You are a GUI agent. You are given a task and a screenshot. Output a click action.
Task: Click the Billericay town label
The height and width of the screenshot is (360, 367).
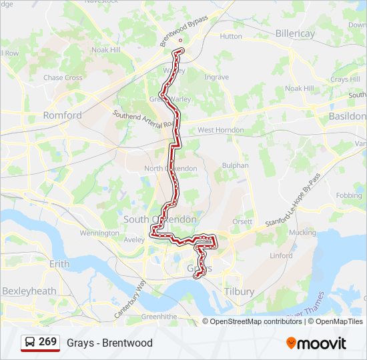tap(294, 33)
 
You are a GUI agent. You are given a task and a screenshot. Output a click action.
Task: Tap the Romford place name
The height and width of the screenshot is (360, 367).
tap(62, 115)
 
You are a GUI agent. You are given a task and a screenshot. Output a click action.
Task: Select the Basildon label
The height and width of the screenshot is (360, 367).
tap(347, 116)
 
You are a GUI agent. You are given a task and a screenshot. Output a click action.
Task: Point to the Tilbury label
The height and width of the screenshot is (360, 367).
tap(240, 292)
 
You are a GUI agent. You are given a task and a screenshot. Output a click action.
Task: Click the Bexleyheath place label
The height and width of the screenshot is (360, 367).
tap(29, 291)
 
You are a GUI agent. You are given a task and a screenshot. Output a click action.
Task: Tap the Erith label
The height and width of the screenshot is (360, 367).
tap(59, 264)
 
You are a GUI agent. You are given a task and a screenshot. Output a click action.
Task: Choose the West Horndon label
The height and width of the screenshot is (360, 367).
tap(220, 130)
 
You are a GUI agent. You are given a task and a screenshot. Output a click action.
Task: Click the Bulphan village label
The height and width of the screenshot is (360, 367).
tap(235, 165)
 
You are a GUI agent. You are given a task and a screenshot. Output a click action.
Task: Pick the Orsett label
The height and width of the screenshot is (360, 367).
tap(242, 221)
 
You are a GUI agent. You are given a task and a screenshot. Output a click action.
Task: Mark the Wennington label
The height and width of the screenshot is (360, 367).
tap(99, 233)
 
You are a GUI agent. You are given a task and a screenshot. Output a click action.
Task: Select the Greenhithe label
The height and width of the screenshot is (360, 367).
tap(157, 316)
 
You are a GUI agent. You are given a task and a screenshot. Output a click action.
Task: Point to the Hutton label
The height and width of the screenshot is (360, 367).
tap(231, 36)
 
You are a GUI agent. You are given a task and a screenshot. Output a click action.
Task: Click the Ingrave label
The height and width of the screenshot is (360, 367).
tap(217, 77)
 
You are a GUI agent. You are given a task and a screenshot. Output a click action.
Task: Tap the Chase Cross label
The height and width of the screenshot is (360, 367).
tap(63, 78)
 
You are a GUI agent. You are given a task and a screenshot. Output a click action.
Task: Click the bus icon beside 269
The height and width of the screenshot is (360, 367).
tap(30, 343)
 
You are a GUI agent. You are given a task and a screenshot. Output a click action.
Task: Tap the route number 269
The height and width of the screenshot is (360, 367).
tap(47, 342)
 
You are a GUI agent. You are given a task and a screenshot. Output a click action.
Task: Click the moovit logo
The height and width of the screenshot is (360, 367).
tap(316, 343)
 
